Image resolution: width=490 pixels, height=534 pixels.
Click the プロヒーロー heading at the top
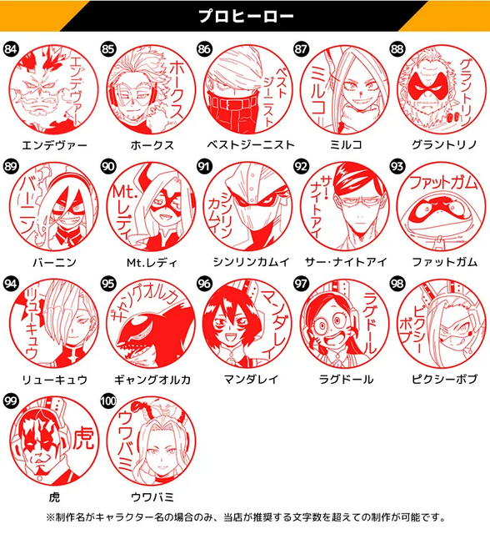point(244,15)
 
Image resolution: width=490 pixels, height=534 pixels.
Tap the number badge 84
point(11,48)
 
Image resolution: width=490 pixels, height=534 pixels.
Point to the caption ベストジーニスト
point(245,144)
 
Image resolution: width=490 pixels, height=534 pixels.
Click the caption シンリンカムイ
point(245,262)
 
